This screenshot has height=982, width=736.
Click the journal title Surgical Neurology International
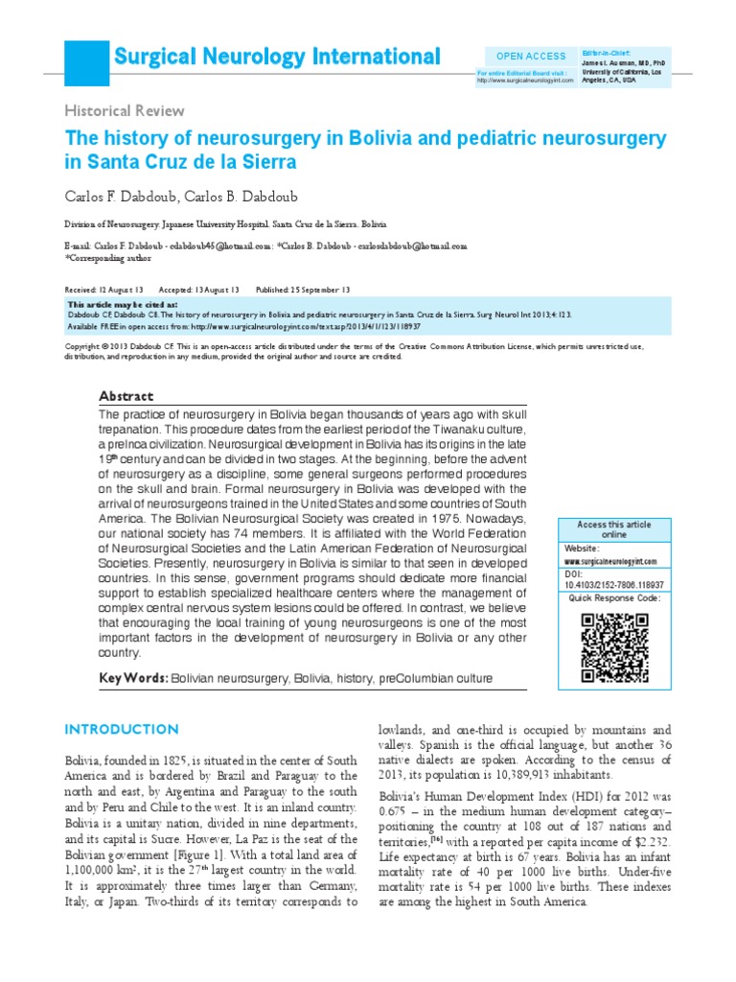[x=277, y=57]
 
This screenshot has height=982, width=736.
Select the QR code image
[x=614, y=646]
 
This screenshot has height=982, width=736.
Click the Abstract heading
[x=126, y=396]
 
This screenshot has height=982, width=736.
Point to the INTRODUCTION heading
[x=121, y=730]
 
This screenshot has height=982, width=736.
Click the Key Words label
[x=132, y=679]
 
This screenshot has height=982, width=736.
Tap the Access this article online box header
[x=613, y=530]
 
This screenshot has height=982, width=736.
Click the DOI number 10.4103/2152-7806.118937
[x=613, y=583]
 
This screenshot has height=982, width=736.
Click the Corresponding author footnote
[x=104, y=258]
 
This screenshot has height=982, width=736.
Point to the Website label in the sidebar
[x=584, y=547]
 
